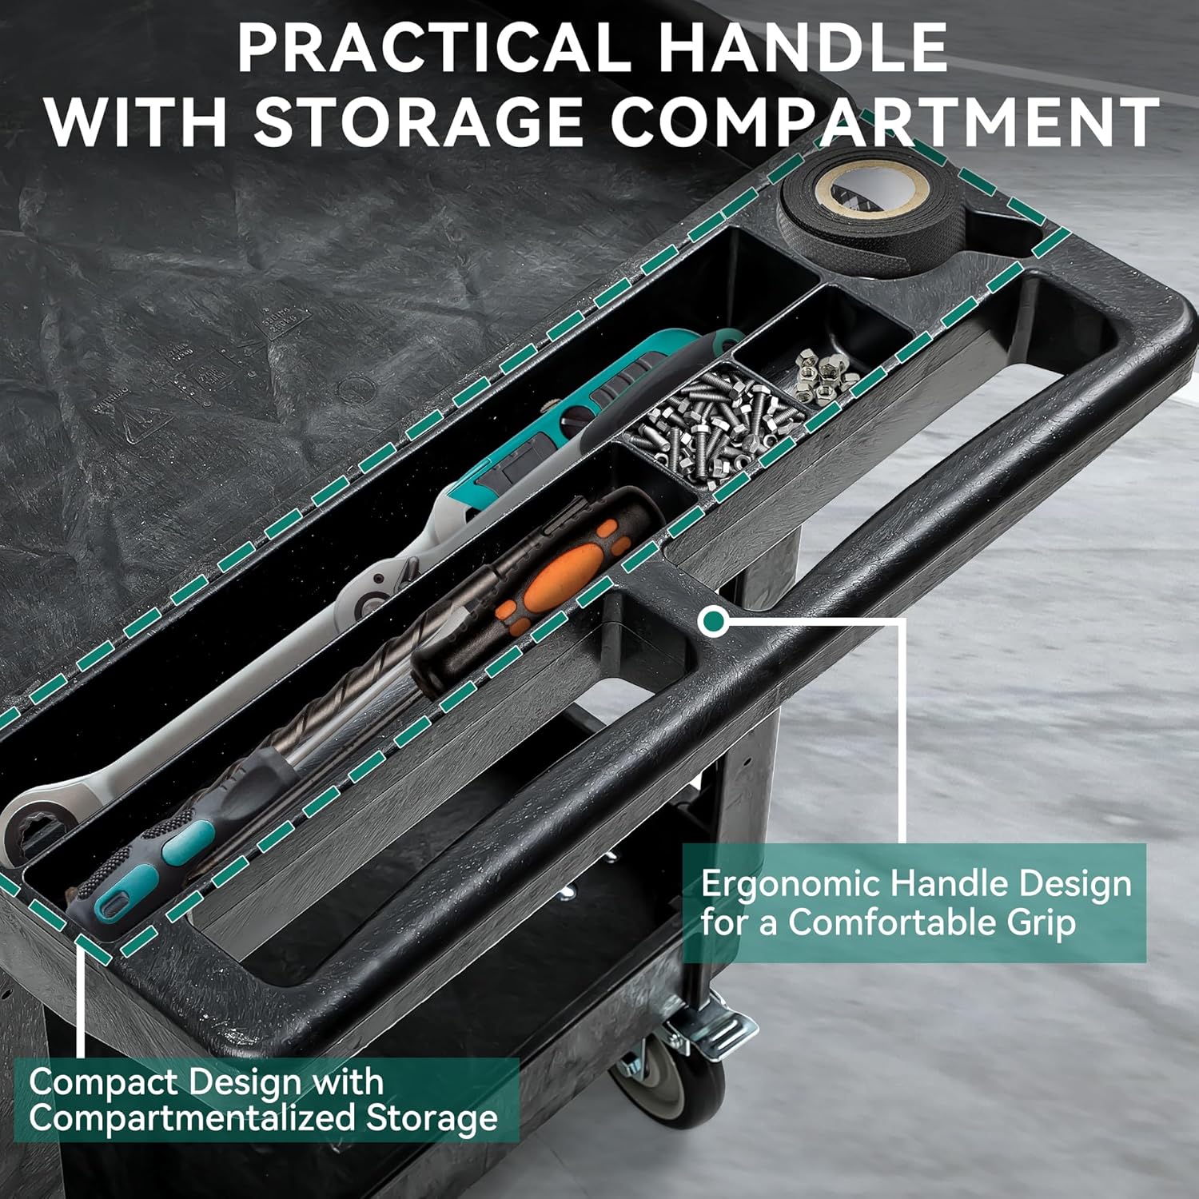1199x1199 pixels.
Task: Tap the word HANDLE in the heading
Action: (x=805, y=48)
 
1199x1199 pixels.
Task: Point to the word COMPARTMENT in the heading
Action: (x=886, y=121)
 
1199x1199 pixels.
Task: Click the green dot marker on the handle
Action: (x=713, y=621)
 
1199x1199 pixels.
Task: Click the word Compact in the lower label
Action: (x=103, y=1083)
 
